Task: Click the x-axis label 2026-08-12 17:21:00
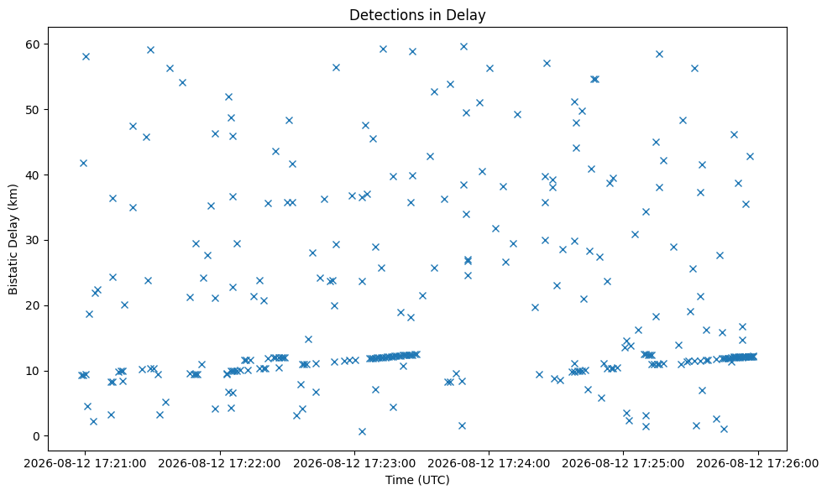[x=85, y=463]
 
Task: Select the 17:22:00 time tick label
[x=219, y=463]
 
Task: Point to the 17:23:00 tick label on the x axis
[x=354, y=463]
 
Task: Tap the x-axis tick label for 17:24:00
[x=489, y=463]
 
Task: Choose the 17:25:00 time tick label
[x=624, y=463]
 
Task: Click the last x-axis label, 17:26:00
[x=758, y=463]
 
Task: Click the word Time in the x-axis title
[x=398, y=480]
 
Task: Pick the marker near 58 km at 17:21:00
[x=86, y=56]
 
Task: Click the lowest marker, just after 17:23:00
[x=362, y=431]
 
